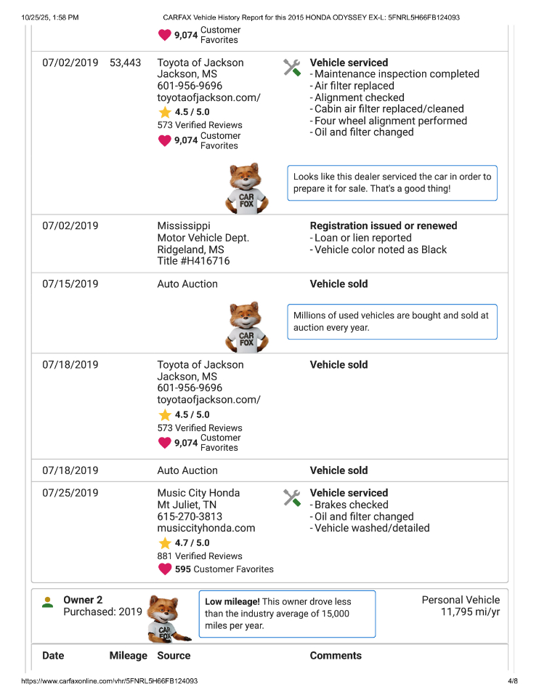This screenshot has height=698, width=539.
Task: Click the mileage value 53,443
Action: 125,63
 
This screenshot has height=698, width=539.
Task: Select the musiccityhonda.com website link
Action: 206,528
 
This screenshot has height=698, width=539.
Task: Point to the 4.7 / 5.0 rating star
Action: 165,543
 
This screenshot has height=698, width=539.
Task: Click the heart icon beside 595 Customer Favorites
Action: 165,569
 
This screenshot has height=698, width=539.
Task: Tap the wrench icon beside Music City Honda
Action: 291,498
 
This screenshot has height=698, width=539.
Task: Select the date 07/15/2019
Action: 70,284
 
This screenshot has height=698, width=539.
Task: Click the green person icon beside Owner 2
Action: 47,602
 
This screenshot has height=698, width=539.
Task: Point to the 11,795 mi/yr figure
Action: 470,611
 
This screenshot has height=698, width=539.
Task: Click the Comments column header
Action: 335,655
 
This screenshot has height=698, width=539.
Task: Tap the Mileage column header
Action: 128,655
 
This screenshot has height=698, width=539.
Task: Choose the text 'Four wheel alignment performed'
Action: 390,121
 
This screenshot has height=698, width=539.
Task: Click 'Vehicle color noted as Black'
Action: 381,249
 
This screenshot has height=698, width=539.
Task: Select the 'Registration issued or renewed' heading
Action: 383,225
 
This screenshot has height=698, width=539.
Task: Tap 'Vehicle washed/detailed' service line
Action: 371,528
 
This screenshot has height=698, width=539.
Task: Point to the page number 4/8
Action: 512,681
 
